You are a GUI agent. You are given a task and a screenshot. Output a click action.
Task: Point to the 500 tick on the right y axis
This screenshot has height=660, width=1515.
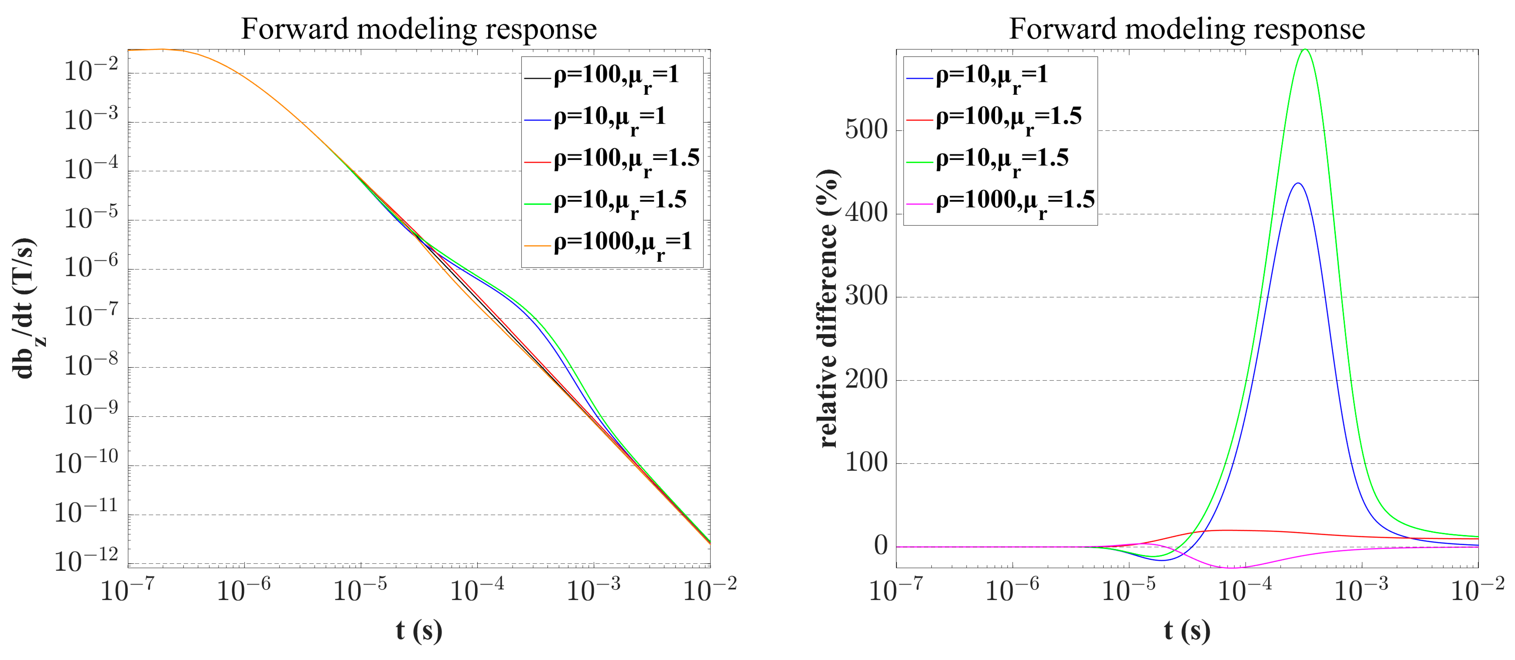click(866, 130)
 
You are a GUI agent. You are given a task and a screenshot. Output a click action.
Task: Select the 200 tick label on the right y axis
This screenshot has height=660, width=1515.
click(866, 380)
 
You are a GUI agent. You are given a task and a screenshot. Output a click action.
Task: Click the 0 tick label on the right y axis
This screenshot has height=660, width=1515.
click(881, 546)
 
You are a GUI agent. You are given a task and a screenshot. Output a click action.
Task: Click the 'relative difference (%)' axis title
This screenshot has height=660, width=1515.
click(828, 309)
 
